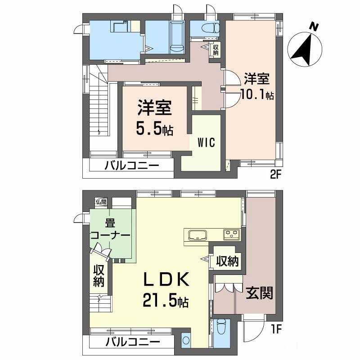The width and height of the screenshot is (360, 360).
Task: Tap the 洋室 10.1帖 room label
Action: click(x=257, y=86)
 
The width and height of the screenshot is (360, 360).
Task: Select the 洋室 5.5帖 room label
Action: click(x=154, y=118)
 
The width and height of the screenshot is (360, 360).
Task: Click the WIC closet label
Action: click(x=207, y=143)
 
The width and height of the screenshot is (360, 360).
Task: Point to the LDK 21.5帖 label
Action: click(x=166, y=290)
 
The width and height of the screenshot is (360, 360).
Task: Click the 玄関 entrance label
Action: click(x=260, y=293)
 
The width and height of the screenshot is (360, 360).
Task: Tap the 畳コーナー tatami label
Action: click(x=111, y=229)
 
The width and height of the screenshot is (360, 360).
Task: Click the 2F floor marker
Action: click(x=275, y=175)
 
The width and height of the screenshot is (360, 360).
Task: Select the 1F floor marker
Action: click(x=276, y=330)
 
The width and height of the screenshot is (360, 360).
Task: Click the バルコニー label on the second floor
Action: click(x=132, y=166)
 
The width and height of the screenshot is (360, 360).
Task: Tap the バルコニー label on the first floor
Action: click(x=132, y=342)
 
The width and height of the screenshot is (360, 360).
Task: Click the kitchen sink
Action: click(x=198, y=235)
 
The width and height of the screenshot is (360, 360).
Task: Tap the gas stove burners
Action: click(x=231, y=234)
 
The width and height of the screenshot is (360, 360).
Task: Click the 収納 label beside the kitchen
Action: click(x=228, y=261)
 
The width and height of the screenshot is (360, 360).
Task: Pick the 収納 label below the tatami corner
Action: click(x=99, y=276)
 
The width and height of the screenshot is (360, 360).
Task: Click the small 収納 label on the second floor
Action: click(x=216, y=50)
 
